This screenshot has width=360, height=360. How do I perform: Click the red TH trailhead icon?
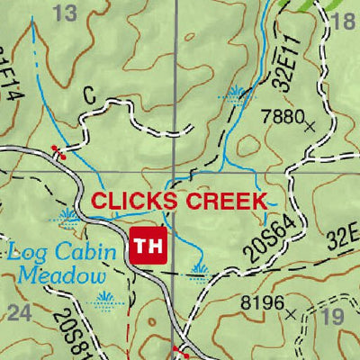[x=149, y=246]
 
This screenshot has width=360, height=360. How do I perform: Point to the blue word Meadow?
[x=57, y=275]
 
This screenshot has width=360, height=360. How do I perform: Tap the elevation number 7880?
[x=279, y=116]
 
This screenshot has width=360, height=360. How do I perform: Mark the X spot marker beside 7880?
[x=310, y=126]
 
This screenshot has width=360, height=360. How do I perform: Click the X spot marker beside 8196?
[x=290, y=315]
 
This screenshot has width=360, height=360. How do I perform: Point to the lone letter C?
[x=88, y=94]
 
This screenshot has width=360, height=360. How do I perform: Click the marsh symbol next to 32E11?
[x=238, y=93]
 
